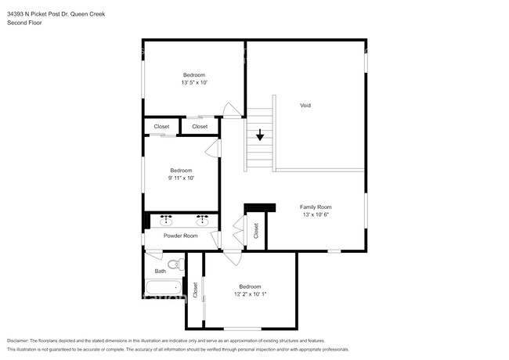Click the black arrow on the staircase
click(260, 135)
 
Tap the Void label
click(305, 105)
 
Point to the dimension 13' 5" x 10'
click(194, 82)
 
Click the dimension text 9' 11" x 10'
click(181, 178)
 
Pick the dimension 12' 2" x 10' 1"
click(250, 294)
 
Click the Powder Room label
click(180, 236)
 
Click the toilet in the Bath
click(176, 264)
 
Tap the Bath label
click(160, 271)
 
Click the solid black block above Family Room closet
click(260, 207)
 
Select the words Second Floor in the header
click(24, 23)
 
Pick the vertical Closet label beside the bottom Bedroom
click(195, 290)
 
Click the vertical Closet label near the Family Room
click(255, 230)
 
